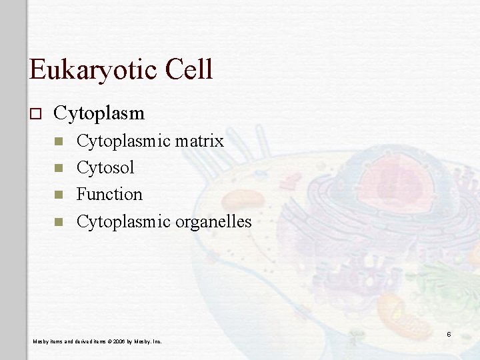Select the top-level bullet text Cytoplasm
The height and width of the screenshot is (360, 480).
[x=99, y=113]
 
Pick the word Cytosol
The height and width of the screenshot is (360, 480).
[x=105, y=167]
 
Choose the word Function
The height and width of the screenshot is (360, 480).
[x=109, y=194]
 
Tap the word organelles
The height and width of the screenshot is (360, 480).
[x=213, y=221]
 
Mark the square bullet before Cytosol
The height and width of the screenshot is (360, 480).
[x=58, y=168]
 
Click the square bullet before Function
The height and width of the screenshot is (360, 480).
[x=58, y=195]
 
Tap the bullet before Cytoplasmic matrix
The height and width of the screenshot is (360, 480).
[x=58, y=141]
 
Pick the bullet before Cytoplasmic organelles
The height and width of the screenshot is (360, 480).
[x=58, y=221]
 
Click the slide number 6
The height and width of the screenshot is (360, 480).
[x=449, y=334]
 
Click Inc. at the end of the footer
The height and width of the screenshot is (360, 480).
[x=157, y=342]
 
